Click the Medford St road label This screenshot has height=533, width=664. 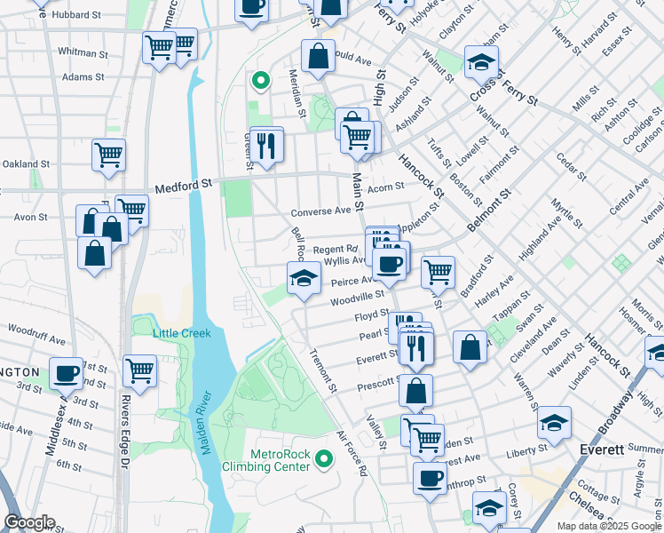click(185, 187)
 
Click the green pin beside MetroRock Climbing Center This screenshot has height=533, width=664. click(324, 459)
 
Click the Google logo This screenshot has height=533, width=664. click(29, 522)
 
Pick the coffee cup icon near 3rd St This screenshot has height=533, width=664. click(66, 373)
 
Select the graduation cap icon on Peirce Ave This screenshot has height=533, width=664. click(304, 278)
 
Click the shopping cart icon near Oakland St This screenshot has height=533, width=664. click(108, 155)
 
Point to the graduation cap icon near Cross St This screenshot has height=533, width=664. click(481, 61)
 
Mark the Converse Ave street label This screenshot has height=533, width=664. click(321, 211)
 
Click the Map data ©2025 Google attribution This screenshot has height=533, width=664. click(609, 526)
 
